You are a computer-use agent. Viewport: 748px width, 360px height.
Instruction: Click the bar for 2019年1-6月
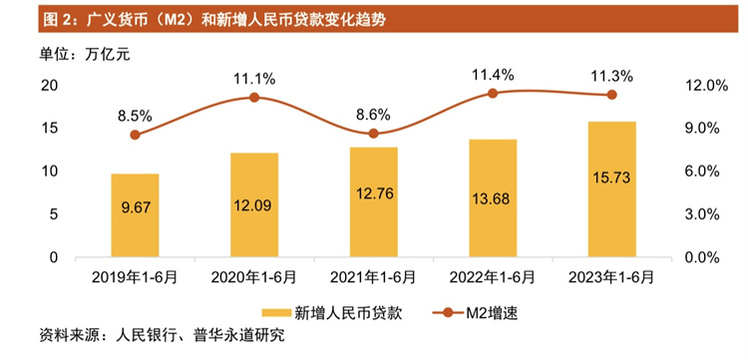coord(135,215)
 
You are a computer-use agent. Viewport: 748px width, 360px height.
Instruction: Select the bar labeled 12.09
coord(254,204)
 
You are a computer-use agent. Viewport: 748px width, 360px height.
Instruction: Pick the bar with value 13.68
coord(493,197)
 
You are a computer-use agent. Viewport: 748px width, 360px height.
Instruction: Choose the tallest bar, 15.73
coord(612,188)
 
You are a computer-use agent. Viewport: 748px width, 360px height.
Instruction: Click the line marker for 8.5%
coord(135,135)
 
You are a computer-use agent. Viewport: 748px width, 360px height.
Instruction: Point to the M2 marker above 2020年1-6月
coord(254,97)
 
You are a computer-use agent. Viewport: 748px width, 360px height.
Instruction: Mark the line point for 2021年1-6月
coord(373,134)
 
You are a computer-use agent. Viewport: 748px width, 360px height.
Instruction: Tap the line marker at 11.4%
coord(493,93)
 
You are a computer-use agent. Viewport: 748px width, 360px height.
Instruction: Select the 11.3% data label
coord(612,75)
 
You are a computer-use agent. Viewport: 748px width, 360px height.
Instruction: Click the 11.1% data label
coord(254,77)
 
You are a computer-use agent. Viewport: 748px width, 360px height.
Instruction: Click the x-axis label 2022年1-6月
coord(493,276)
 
